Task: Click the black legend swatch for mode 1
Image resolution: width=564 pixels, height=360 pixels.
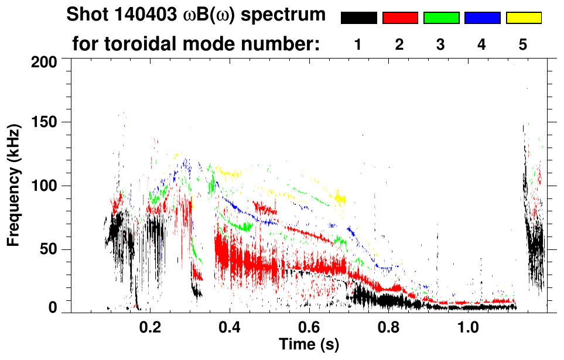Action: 358,18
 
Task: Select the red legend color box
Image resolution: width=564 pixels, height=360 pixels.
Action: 400,18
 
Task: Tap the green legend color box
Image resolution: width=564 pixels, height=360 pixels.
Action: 441,18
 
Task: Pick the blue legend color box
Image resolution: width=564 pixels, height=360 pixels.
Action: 482,18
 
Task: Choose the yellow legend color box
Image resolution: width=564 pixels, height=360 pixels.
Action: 524,18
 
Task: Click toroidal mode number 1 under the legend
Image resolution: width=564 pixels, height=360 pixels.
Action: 358,44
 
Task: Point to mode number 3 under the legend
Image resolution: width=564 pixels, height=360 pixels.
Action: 441,44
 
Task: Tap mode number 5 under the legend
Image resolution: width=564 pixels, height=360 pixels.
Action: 523,44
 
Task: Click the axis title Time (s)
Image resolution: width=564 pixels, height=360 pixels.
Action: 309,345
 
